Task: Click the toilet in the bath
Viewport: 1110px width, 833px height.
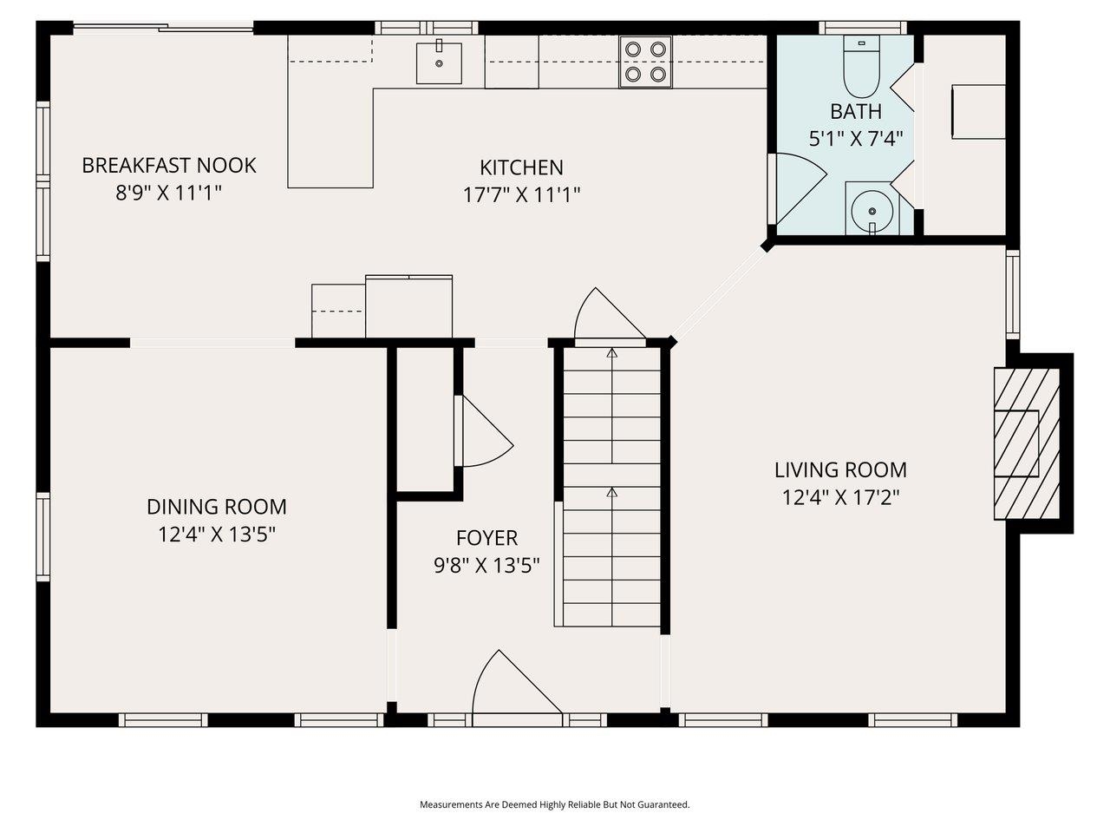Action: click(x=861, y=69)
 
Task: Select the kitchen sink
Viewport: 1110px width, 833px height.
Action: click(x=439, y=62)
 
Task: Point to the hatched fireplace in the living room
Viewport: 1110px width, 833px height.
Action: click(x=1027, y=443)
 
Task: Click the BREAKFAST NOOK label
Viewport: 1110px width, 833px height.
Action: click(x=169, y=165)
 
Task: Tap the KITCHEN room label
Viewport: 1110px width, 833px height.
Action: click(x=521, y=167)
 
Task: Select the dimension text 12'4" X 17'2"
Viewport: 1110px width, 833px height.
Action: click(x=840, y=498)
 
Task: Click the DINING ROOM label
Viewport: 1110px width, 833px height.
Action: click(x=216, y=507)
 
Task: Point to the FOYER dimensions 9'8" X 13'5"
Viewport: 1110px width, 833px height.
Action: click(x=486, y=566)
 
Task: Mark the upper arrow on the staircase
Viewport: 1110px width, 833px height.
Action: click(x=612, y=353)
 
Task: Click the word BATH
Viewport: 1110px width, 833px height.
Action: click(x=855, y=112)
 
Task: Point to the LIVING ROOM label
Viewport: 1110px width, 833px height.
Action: click(x=840, y=470)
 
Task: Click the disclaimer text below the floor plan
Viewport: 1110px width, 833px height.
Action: click(x=554, y=805)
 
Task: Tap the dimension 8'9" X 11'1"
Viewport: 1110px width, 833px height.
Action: click(x=169, y=193)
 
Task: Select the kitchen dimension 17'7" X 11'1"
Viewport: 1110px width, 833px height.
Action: click(x=521, y=194)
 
